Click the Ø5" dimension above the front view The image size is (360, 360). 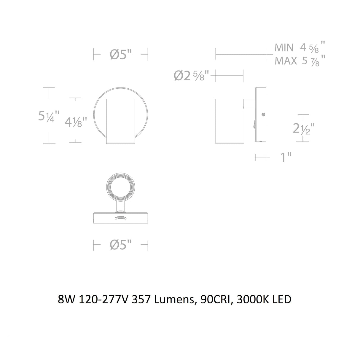tap(120, 55)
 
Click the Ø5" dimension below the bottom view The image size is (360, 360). tap(120, 245)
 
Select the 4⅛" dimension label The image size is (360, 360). tap(76, 122)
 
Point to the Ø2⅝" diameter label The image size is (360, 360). tap(192, 76)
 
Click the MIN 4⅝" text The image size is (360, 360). tap(300, 48)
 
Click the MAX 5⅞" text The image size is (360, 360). tap(300, 61)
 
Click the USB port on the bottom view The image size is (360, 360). tap(121, 218)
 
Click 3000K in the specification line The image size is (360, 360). tap(249, 300)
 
